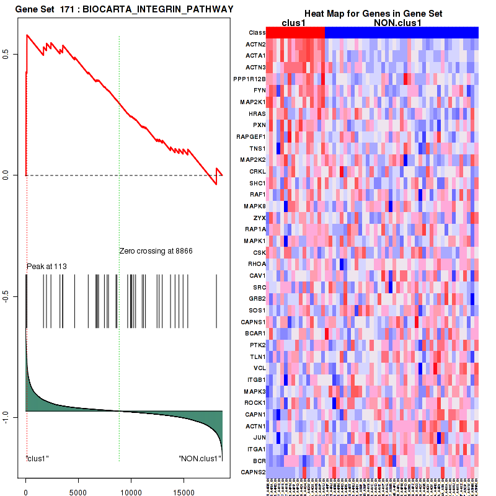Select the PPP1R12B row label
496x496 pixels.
(250, 79)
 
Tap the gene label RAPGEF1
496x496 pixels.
(251, 136)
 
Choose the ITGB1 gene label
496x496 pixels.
(255, 379)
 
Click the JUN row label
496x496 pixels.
(259, 437)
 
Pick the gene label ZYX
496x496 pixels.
(259, 218)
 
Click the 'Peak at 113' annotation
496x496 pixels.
(46, 267)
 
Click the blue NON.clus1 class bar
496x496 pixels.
(401, 32)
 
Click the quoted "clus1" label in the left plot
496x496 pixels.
(37, 459)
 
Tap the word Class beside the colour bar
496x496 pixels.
(257, 32)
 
